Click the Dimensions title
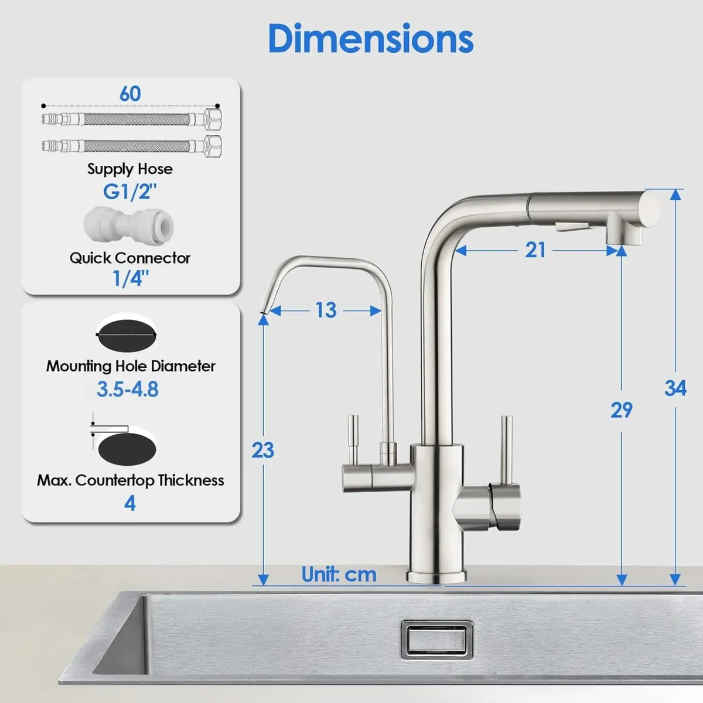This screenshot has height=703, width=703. click(370, 39)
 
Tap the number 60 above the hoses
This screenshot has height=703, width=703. click(130, 94)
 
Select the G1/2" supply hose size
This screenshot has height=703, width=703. click(130, 192)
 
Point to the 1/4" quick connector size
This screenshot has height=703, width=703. click(130, 278)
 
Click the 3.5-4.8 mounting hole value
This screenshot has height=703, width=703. click(128, 390)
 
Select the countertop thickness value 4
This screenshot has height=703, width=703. click(130, 503)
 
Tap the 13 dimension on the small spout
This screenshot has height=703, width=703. click(326, 310)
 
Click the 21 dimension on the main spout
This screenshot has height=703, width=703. click(535, 250)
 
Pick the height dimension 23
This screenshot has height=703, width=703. click(262, 450)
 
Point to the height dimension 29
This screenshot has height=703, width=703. click(621, 410)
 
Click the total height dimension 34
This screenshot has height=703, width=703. click(675, 388)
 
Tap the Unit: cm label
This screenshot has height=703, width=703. click(339, 574)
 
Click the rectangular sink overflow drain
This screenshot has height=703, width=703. click(436, 639)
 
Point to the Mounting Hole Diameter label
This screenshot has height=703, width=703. click(131, 366)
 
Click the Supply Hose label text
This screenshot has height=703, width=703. click(130, 169)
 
